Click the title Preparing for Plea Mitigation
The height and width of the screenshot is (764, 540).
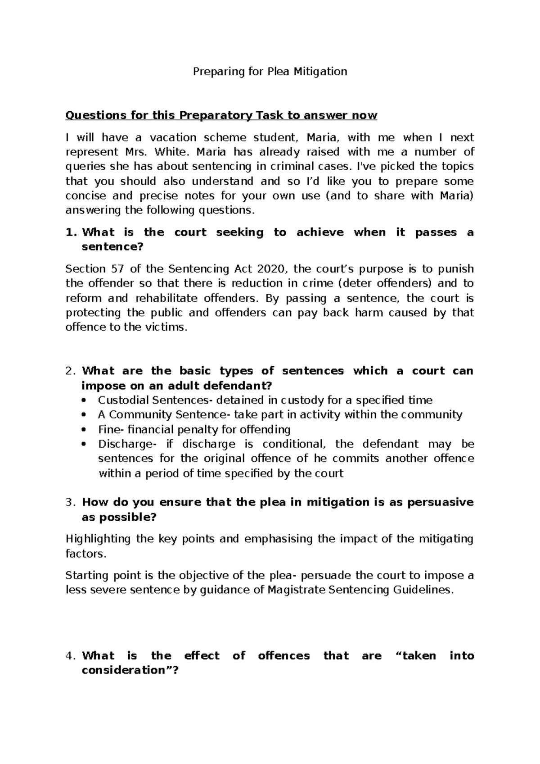[x=270, y=71]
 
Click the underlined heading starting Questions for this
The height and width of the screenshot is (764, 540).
[x=221, y=115]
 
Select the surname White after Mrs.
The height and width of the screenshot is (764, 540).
[x=171, y=152]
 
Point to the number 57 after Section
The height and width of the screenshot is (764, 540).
[x=116, y=269]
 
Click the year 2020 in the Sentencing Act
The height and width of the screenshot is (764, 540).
[x=272, y=269]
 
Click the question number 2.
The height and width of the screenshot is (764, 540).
[x=70, y=371]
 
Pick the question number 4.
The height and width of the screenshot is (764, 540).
[x=70, y=655]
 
